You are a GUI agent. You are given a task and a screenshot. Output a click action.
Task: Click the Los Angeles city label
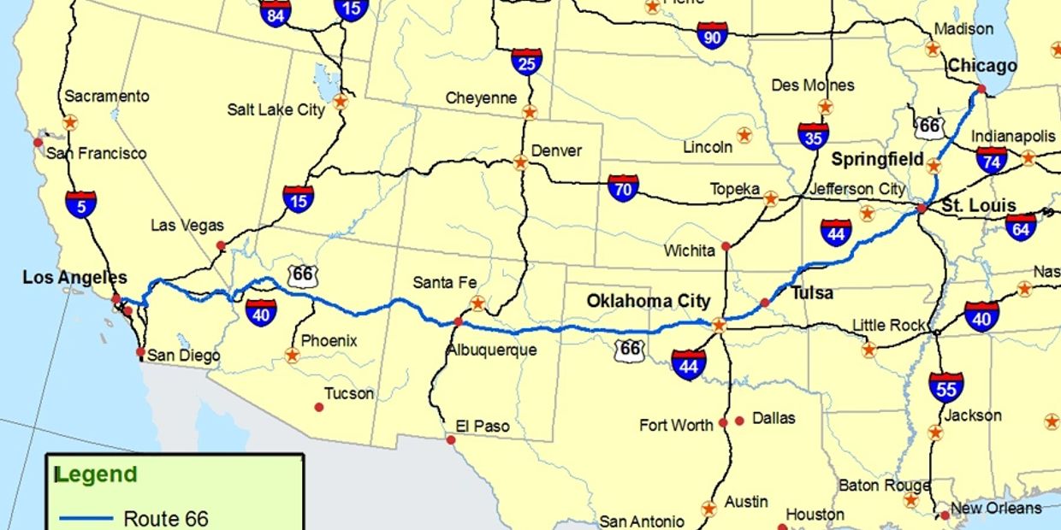[74, 277]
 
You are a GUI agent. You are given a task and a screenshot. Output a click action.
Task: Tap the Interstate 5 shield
[80, 203]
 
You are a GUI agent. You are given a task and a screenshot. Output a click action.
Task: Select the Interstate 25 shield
[526, 62]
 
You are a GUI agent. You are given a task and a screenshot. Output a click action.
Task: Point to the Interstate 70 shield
[623, 188]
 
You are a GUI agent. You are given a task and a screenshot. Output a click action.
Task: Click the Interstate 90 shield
[712, 35]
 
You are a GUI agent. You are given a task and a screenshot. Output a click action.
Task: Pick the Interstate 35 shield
[813, 136]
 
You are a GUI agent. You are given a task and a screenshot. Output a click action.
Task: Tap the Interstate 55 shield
[945, 387]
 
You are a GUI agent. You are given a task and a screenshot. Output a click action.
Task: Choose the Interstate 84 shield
[276, 12]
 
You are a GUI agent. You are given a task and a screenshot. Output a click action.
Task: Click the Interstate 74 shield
[992, 160]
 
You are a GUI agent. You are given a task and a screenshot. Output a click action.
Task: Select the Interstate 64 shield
[1020, 227]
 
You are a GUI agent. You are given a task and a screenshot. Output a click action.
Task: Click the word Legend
[96, 474]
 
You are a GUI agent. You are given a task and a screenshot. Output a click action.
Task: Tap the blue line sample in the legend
[86, 518]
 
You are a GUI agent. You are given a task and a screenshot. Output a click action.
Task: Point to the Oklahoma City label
[648, 301]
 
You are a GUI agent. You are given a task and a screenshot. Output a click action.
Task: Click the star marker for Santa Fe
[477, 303]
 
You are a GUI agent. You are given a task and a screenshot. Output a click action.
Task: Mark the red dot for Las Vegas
[220, 245]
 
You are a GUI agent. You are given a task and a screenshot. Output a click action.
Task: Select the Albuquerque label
[491, 350]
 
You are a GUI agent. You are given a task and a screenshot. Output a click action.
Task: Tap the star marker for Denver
[520, 161]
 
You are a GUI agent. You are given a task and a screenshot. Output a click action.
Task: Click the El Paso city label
[482, 426]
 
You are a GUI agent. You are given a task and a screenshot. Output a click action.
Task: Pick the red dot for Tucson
[319, 407]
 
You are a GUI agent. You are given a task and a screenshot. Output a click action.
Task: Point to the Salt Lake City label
[276, 109]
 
